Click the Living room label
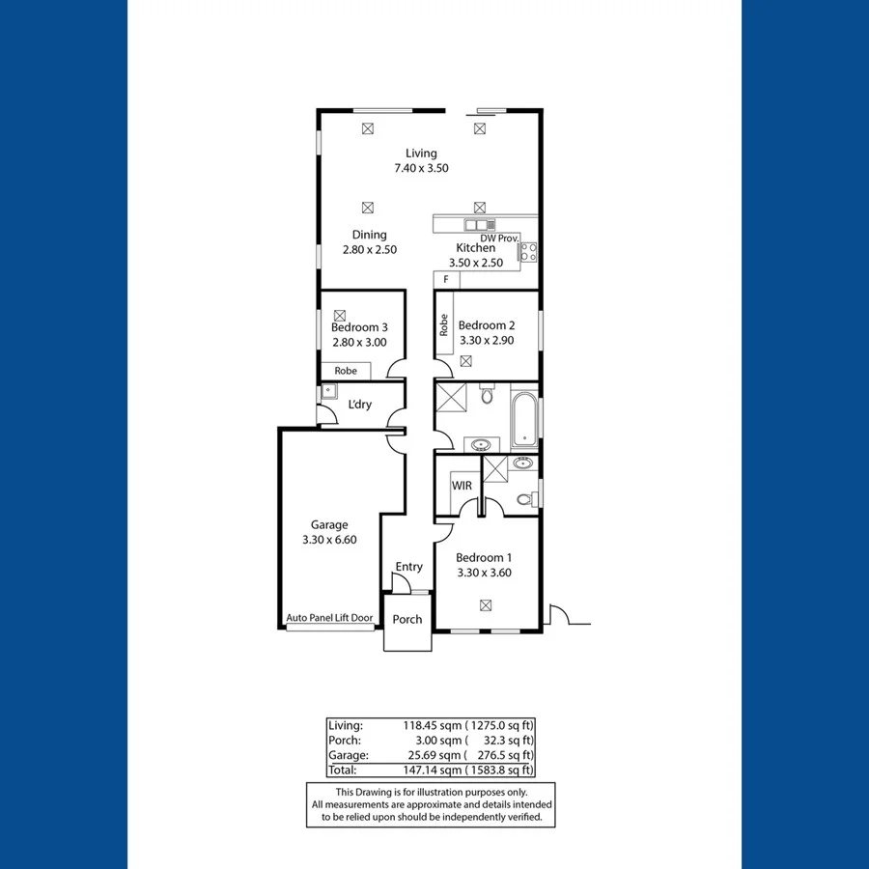[421, 154]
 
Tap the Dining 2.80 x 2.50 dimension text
[370, 249]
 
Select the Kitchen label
[476, 248]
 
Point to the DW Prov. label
[498, 237]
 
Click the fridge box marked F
[446, 280]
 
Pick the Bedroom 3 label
[358, 327]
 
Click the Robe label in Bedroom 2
[444, 325]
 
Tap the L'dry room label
[360, 405]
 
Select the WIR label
[463, 486]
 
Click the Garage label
[329, 525]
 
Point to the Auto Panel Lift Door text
[330, 617]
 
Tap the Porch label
[407, 619]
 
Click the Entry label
[409, 567]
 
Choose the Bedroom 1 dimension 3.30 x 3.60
[484, 573]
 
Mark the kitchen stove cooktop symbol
[529, 253]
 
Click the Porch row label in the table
[345, 740]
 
